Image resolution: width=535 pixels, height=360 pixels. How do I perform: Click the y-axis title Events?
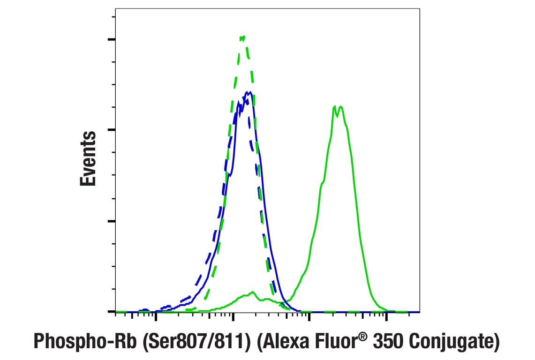[88, 159]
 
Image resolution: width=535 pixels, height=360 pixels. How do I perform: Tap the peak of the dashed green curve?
[242, 37]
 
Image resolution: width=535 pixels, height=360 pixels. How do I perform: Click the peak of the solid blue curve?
[251, 92]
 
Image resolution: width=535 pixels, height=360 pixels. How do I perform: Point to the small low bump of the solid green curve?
[252, 292]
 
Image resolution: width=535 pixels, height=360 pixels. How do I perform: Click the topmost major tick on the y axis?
[111, 39]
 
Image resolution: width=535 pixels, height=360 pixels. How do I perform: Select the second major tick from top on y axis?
[111, 130]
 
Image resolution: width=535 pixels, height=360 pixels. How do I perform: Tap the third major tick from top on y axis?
[111, 221]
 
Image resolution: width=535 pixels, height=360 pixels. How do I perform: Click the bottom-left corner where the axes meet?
[115, 312]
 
